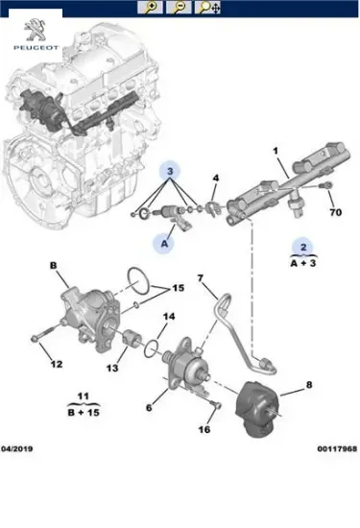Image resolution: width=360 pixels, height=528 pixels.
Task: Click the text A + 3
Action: tap(301, 261)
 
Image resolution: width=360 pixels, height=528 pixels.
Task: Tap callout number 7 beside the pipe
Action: tap(201, 279)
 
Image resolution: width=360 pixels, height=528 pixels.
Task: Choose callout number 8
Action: tap(309, 385)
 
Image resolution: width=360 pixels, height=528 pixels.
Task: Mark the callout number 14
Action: tap(168, 317)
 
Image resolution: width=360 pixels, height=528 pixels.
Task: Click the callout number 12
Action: tap(56, 364)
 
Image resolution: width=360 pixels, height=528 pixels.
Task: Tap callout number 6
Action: tap(150, 408)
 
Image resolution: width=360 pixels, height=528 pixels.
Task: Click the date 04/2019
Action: tap(19, 447)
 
